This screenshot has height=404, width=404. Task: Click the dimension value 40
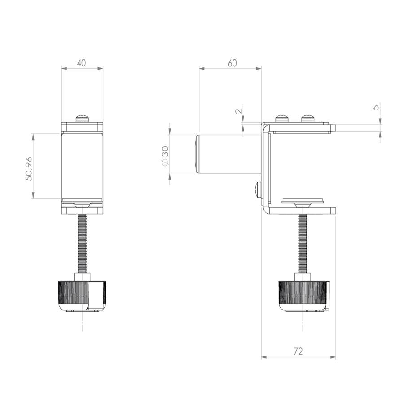81,62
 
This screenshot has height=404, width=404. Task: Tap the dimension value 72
298,351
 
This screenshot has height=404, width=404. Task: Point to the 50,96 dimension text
29,168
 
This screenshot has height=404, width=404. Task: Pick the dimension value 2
239,110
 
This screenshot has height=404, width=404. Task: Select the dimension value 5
376,106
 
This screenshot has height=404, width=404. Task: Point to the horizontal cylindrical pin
229,154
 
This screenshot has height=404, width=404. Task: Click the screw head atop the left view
83,118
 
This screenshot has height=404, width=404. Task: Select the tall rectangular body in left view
83,166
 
